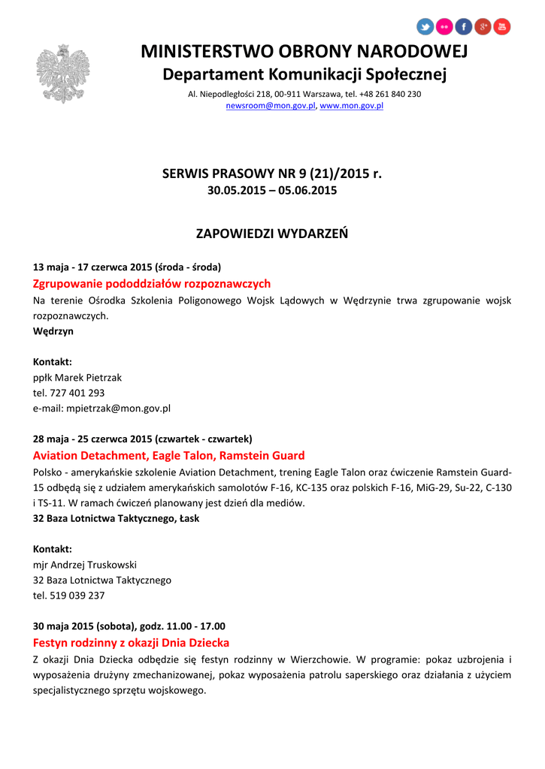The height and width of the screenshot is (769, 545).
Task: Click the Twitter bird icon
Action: click(425, 27)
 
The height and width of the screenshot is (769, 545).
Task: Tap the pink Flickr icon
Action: click(444, 27)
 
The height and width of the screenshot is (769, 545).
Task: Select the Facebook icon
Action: click(464, 27)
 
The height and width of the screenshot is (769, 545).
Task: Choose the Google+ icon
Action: click(483, 27)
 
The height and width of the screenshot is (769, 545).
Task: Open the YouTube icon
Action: click(501, 27)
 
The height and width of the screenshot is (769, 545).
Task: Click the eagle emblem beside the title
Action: click(62, 74)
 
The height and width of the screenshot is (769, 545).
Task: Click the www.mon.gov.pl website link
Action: click(352, 107)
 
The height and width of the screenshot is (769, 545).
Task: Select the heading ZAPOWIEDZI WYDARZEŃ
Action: click(272, 234)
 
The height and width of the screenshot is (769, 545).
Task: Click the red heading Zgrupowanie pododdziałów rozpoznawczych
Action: click(152, 284)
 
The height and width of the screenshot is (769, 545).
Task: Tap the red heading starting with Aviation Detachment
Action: click(169, 456)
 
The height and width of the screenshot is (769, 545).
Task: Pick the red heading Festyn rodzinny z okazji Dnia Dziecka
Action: click(132, 643)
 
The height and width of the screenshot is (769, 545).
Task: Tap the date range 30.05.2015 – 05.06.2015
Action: click(272, 191)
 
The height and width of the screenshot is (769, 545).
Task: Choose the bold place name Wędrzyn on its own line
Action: click(53, 331)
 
